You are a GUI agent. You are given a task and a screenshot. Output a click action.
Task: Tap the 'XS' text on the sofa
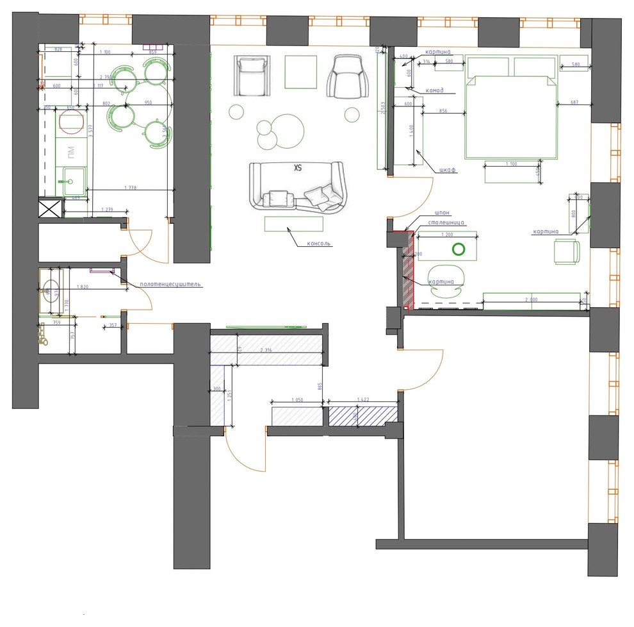point(297,169)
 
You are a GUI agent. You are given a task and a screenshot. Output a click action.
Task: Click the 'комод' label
point(434,90)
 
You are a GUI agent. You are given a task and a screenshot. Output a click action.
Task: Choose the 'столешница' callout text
point(446,223)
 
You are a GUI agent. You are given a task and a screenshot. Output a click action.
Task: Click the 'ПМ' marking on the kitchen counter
point(71,152)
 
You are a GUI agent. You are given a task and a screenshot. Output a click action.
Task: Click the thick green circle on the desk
point(459,249)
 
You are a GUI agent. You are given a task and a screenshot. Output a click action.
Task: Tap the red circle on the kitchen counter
point(67,122)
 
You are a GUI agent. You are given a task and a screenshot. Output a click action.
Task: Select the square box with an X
point(51,209)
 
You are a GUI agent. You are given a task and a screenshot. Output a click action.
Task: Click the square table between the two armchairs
point(300,72)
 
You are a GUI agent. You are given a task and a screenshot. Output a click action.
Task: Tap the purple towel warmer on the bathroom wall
point(101,271)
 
